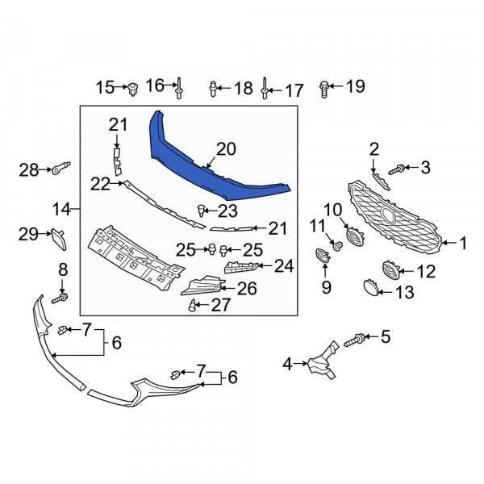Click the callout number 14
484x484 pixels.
(x=61, y=210)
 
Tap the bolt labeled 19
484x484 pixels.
(x=323, y=89)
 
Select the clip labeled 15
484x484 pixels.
(x=133, y=90)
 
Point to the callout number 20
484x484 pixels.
(x=226, y=149)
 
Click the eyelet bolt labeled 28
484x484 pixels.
(x=60, y=168)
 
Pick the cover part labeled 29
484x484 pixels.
(x=59, y=239)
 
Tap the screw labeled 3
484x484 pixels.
(x=396, y=169)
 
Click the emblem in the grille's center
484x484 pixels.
(x=388, y=215)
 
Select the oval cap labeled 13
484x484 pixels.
(x=371, y=287)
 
